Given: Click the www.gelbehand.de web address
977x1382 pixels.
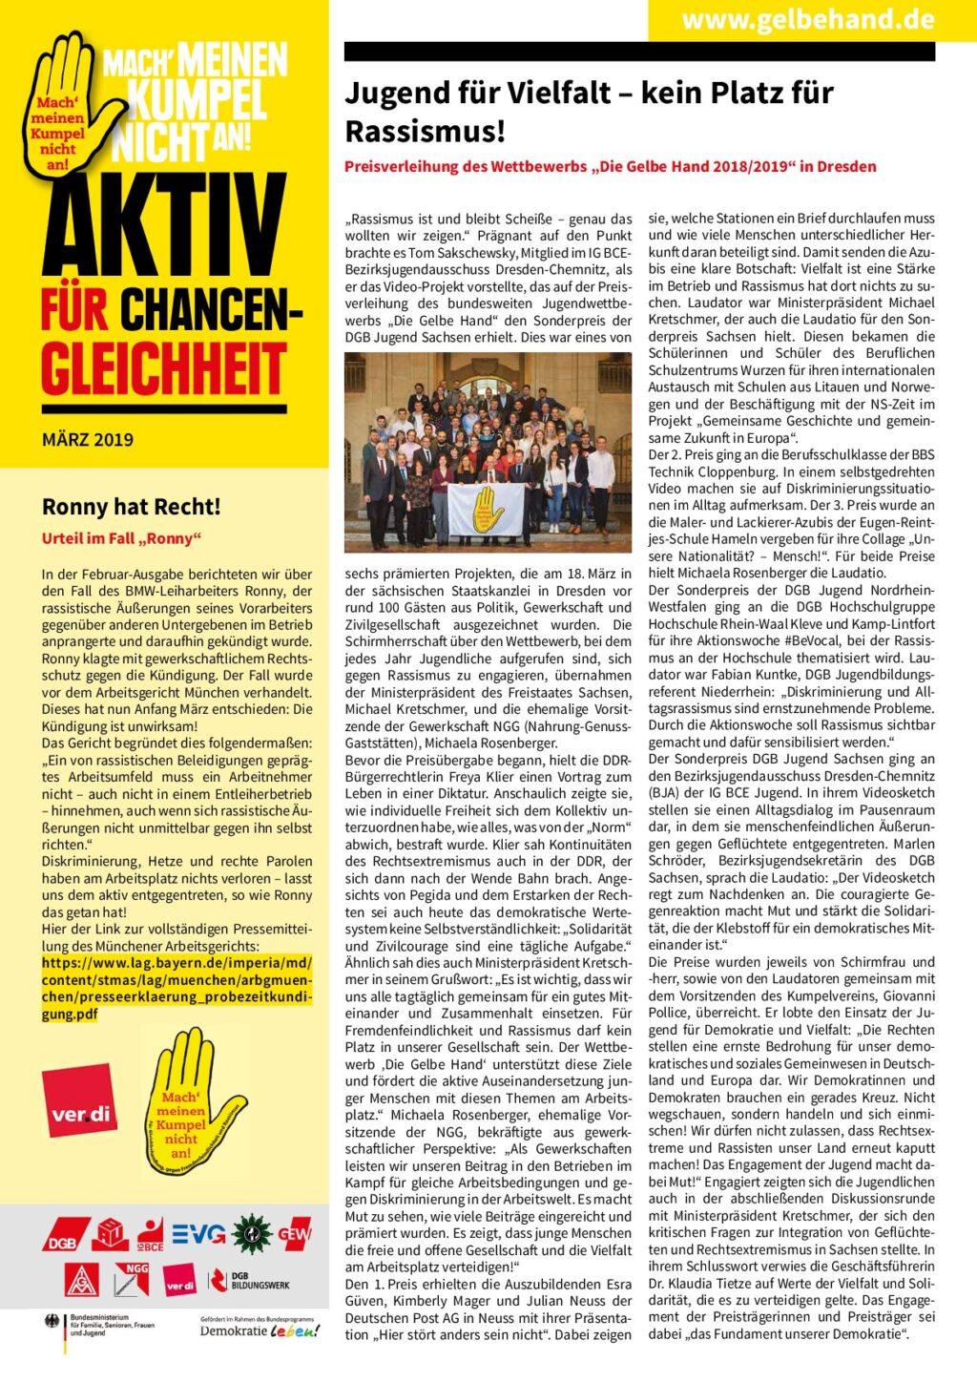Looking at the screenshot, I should pos(807,19).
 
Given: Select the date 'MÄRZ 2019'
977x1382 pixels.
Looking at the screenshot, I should pos(88,440).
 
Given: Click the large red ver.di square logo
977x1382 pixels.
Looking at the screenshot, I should pos(80,1099).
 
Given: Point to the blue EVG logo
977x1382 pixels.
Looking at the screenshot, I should pos(198,1234).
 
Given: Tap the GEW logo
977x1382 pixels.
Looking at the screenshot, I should pos(295,1234).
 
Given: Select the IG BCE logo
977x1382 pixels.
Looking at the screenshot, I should pos(149,1234).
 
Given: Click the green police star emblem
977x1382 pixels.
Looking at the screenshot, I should pos(251,1233).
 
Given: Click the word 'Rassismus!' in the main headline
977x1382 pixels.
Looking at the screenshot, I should pos(425,130).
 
